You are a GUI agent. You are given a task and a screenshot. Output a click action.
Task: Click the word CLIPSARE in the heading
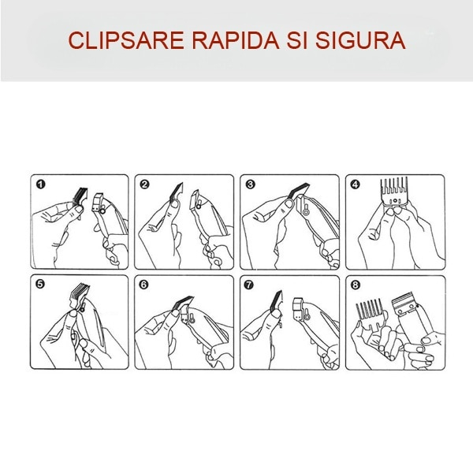pyautogui.click(x=126, y=40)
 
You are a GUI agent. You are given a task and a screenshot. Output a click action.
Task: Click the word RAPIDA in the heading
pyautogui.click(x=236, y=40)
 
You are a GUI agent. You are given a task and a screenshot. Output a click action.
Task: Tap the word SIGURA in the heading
pyautogui.click(x=360, y=40)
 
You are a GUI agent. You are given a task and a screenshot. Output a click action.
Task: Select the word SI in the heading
pyautogui.click(x=297, y=40)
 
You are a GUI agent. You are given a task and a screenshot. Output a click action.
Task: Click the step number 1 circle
pyautogui.click(x=41, y=184)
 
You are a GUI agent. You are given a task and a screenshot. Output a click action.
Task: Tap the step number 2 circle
pyautogui.click(x=145, y=184)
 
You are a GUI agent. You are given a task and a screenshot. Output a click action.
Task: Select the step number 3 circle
pyautogui.click(x=251, y=184)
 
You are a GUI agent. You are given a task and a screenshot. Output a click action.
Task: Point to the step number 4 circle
pyautogui.click(x=356, y=184)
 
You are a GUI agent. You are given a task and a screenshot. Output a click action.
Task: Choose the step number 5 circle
pyautogui.click(x=40, y=285)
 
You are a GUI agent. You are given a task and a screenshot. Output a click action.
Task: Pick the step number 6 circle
pyautogui.click(x=144, y=285)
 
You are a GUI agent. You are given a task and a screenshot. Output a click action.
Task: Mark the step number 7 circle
pyautogui.click(x=249, y=285)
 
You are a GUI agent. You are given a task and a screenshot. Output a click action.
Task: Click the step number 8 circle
pyautogui.click(x=356, y=285)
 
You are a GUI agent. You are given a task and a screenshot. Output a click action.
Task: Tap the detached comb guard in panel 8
pyautogui.click(x=370, y=314)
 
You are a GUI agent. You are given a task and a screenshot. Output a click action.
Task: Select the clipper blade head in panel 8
pyautogui.click(x=404, y=304)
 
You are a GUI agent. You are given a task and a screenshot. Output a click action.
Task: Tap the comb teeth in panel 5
pyautogui.click(x=80, y=292)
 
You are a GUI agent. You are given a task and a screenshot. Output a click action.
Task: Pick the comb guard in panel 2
pyautogui.click(x=176, y=192)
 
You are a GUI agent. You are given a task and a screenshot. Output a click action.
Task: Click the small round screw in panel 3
pyautogui.click(x=306, y=213)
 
